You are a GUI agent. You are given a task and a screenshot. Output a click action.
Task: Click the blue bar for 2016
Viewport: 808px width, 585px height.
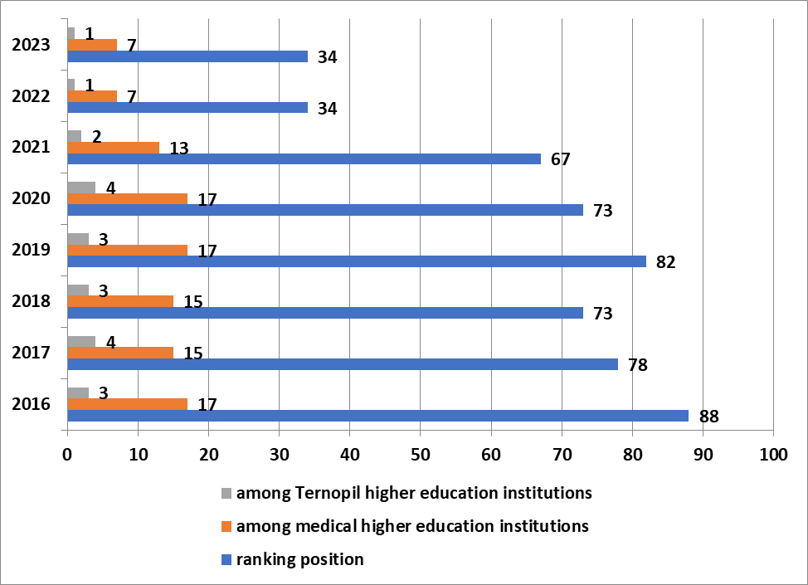[377, 416]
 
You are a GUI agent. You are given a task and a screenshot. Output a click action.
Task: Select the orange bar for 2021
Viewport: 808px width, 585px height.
[113, 148]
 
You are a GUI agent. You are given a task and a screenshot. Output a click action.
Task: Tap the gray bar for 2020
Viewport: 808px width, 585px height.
[80, 188]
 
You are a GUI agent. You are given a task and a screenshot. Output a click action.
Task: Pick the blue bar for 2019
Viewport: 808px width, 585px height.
[357, 261]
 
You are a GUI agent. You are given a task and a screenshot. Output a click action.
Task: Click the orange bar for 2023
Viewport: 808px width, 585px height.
[91, 45]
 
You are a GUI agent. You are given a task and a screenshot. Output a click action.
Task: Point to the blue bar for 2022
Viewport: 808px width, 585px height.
[187, 108]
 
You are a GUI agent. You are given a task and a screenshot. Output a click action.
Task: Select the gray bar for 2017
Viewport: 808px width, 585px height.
[80, 342]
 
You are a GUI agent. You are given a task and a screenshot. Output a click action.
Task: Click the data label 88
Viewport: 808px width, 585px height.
[709, 417]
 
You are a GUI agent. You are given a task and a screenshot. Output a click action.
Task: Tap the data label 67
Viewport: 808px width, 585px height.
[561, 159]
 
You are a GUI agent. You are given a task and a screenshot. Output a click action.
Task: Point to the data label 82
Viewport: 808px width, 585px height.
[667, 262]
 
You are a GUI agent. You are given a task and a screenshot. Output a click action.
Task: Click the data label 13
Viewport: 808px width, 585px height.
[179, 149]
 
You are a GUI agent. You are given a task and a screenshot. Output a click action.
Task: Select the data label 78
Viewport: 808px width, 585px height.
[638, 365]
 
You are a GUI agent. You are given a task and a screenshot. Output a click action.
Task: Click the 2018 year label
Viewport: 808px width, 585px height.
[32, 301]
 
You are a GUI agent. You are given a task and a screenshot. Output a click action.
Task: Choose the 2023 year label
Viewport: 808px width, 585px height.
[32, 44]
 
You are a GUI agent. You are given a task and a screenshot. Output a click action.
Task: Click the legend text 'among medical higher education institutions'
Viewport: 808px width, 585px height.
[412, 526]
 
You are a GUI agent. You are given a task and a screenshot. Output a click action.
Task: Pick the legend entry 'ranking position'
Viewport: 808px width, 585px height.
[299, 559]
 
